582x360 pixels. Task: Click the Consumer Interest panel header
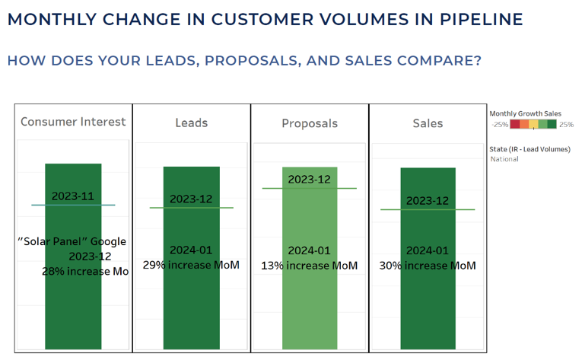click(73, 122)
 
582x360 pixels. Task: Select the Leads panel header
click(191, 123)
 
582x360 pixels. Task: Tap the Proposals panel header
click(309, 123)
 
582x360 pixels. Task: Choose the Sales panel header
click(428, 123)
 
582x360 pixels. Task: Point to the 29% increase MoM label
click(191, 265)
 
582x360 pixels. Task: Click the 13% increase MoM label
click(309, 265)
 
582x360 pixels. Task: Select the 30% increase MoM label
click(428, 265)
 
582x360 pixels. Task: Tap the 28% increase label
click(84, 271)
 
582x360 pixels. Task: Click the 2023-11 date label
click(73, 196)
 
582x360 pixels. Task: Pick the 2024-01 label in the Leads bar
click(191, 250)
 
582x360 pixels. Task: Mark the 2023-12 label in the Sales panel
click(428, 200)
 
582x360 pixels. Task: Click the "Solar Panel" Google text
click(72, 241)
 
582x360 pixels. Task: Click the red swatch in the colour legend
click(515, 124)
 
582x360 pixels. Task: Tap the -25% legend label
click(500, 124)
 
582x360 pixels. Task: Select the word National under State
click(504, 159)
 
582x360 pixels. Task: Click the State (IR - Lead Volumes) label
click(530, 149)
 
